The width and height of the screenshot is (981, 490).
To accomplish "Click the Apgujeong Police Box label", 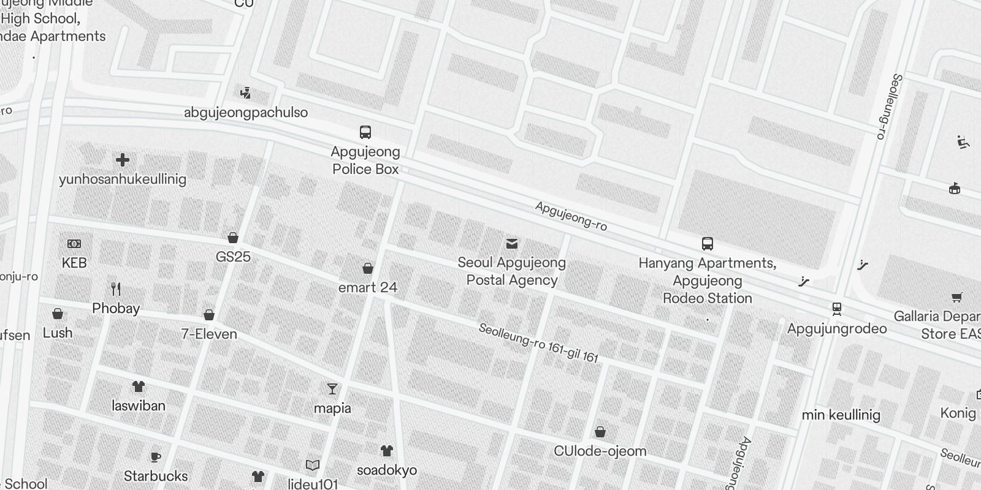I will pos(365,160).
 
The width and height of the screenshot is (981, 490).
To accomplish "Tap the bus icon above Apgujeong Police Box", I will pos(365,132).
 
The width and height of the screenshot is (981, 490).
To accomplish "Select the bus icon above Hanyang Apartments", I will pos(708,243).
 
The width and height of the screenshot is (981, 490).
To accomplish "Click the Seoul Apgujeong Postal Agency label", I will pos(512,271).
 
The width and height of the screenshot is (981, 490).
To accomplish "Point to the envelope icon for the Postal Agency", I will pos(512,244).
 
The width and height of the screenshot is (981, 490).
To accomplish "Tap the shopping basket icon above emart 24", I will pos(368,268).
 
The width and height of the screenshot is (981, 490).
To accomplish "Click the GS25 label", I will pos(233,257).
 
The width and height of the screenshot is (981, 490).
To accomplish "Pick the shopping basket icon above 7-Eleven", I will pos(209,315).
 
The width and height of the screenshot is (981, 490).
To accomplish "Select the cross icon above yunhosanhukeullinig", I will pos(123,160).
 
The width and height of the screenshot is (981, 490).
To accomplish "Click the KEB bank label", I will pos(74,263).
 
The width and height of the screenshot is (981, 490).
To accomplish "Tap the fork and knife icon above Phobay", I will pos(116,288).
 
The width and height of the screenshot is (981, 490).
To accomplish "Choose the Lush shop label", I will pos(58,333).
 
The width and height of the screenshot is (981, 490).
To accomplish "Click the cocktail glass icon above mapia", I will pos(332,389).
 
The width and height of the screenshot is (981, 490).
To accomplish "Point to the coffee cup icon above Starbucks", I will pos(156,457).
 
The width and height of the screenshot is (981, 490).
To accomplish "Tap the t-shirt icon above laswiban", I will pos(139,386).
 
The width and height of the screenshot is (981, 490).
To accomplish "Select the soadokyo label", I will pos(387,470).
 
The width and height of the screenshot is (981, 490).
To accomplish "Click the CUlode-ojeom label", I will pos(600,451).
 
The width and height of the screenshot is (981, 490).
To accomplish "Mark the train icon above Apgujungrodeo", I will pos(837,309).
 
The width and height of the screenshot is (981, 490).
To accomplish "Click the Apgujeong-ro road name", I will pos(571,216).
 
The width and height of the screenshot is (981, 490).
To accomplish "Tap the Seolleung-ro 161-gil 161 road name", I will pos(538,343).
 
